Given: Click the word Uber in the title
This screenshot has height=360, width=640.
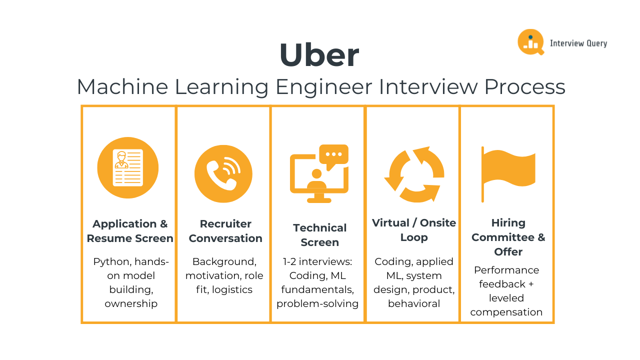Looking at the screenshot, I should click(319, 55).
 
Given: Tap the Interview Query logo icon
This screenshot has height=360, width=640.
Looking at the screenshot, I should click(530, 42).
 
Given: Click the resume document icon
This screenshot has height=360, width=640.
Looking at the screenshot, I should click(128, 168).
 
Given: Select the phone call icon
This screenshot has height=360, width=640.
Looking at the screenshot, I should click(223, 174).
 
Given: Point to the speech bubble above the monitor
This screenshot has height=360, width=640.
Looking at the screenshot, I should click(333, 155).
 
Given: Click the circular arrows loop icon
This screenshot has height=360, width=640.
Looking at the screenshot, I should click(414, 174).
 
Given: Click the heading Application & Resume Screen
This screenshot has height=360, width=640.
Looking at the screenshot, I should click(130, 231).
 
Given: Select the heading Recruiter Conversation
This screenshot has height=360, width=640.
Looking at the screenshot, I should click(225, 231).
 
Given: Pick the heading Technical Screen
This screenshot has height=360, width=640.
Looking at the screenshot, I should click(320, 235).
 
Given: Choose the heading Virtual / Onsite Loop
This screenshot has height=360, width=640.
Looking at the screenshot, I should click(414, 230).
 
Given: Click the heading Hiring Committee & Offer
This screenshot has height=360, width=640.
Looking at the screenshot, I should click(508, 237).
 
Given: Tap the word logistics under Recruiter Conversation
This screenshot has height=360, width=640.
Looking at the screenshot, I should click(232, 289).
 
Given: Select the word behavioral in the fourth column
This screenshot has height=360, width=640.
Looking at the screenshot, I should click(414, 303).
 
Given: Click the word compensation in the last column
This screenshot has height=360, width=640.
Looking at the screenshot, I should click(506, 312).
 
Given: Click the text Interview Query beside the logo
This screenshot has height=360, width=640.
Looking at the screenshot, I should click(578, 43).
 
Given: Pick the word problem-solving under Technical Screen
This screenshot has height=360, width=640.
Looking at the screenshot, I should click(317, 303).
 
